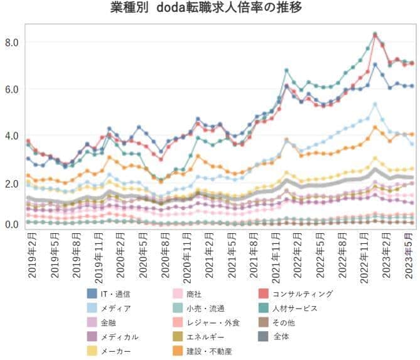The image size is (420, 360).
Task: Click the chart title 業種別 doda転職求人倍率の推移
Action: (210, 9)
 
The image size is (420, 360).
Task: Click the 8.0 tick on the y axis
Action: (13, 43)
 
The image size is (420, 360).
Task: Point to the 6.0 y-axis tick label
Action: (13, 89)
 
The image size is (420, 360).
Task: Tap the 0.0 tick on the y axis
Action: (13, 225)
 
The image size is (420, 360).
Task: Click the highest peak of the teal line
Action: (375, 34)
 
